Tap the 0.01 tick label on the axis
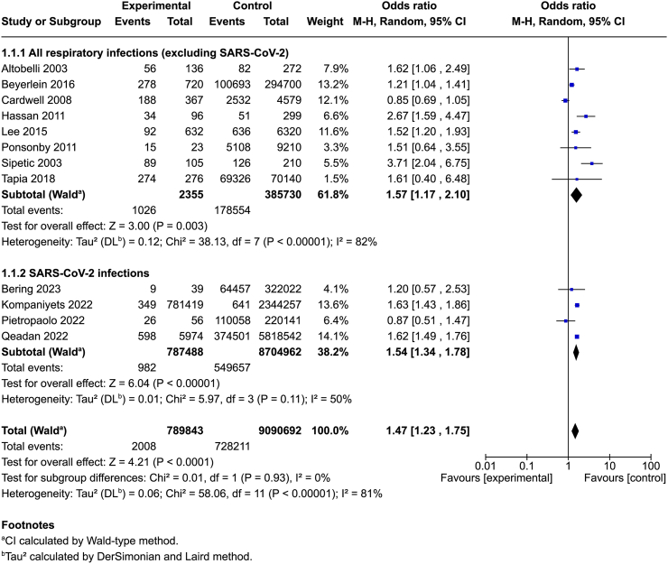(x=485, y=466)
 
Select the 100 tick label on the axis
(x=651, y=466)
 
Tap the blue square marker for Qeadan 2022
(x=577, y=337)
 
